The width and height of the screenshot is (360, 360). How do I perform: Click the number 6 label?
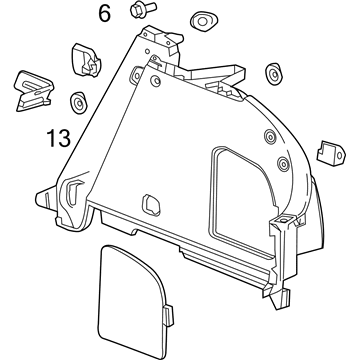click(x=104, y=14)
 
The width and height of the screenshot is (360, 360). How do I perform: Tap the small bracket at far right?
click(x=326, y=151)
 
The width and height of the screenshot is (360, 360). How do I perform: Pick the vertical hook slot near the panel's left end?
click(x=76, y=190)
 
